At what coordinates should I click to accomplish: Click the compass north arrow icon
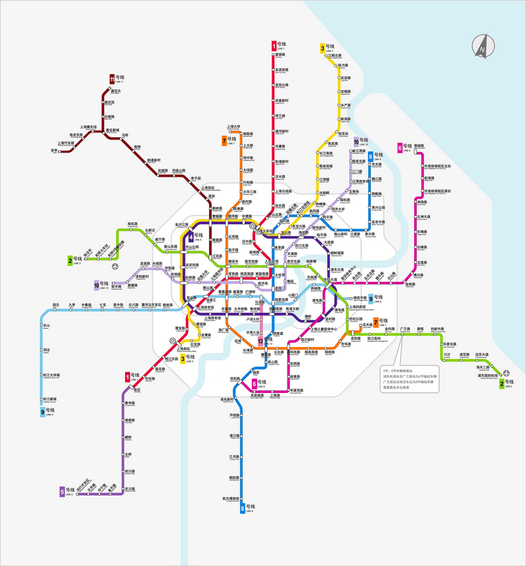click(x=483, y=45)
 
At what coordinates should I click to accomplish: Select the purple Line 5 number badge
click(x=62, y=491)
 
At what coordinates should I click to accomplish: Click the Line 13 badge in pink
click(x=261, y=342)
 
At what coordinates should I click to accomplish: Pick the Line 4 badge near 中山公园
click(x=191, y=237)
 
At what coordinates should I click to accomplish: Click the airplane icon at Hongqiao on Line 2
click(x=116, y=266)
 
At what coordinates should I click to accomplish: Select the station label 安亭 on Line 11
click(x=54, y=151)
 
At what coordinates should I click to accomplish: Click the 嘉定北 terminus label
click(x=116, y=91)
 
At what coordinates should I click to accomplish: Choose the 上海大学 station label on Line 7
click(x=235, y=127)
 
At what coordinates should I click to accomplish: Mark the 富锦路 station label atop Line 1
click(x=280, y=55)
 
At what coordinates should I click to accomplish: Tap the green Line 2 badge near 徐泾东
click(x=70, y=260)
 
